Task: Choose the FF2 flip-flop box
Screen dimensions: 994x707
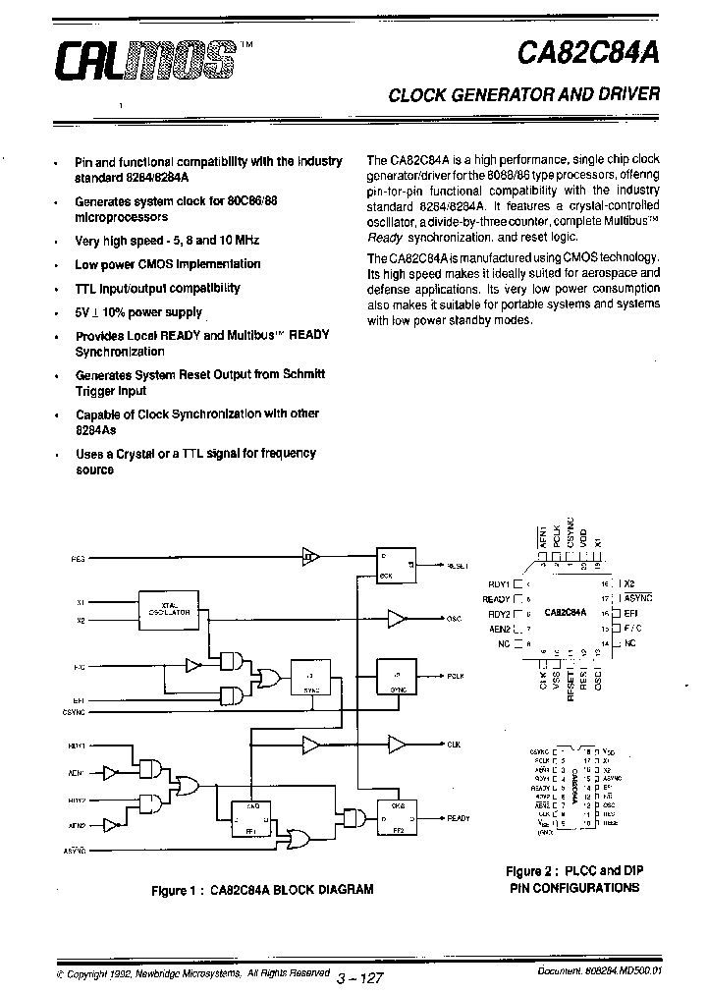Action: (x=398, y=815)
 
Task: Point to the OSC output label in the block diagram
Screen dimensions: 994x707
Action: (x=454, y=619)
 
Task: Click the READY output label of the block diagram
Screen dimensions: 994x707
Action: (x=458, y=818)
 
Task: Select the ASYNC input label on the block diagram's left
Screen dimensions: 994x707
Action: (x=77, y=847)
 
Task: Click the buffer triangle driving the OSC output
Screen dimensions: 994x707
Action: (x=397, y=618)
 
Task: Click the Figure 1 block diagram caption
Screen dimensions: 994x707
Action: (x=262, y=890)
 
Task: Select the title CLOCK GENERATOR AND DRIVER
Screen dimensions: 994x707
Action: (x=524, y=95)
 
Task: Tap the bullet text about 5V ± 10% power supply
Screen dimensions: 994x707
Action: (x=138, y=312)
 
